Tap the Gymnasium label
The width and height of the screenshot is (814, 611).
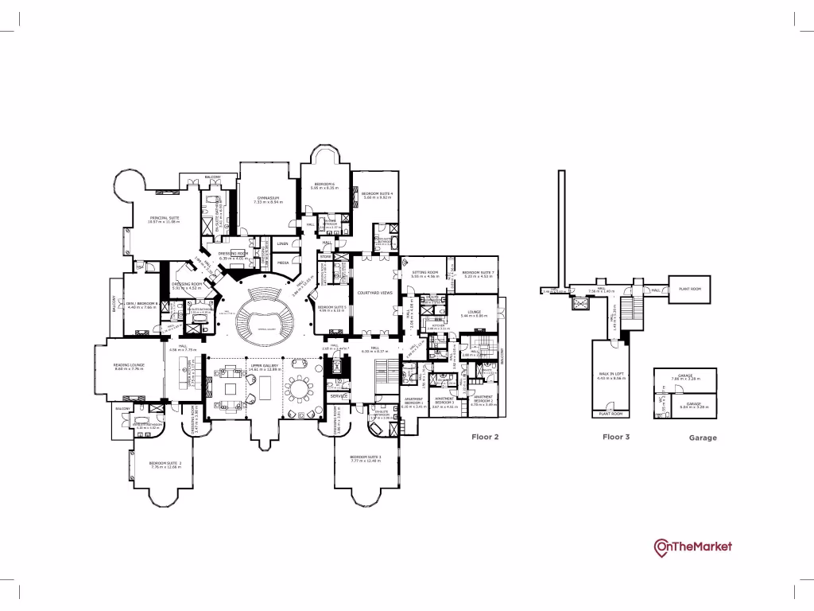[269, 199]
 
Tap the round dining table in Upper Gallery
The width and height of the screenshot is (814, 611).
[300, 390]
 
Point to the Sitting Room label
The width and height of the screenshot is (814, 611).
[425, 273]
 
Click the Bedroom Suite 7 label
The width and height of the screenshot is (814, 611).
[479, 273]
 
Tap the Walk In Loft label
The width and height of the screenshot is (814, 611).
[612, 376]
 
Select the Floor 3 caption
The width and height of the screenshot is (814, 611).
[618, 437]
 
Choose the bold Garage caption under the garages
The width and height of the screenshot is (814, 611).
[703, 438]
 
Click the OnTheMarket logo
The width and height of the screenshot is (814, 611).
[692, 547]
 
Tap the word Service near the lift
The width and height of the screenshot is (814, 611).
[339, 396]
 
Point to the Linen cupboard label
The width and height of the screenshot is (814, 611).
[282, 243]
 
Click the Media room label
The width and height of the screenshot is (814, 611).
[283, 261]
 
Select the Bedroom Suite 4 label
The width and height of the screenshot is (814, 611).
[378, 194]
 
